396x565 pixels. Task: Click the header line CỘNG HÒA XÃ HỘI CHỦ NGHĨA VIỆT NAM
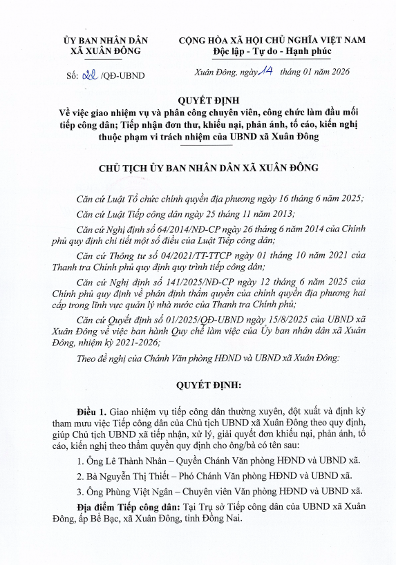tap(272, 40)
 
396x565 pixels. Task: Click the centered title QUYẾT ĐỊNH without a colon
tap(198, 101)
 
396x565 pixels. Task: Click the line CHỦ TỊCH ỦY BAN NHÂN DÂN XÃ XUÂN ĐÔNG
tap(198, 169)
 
